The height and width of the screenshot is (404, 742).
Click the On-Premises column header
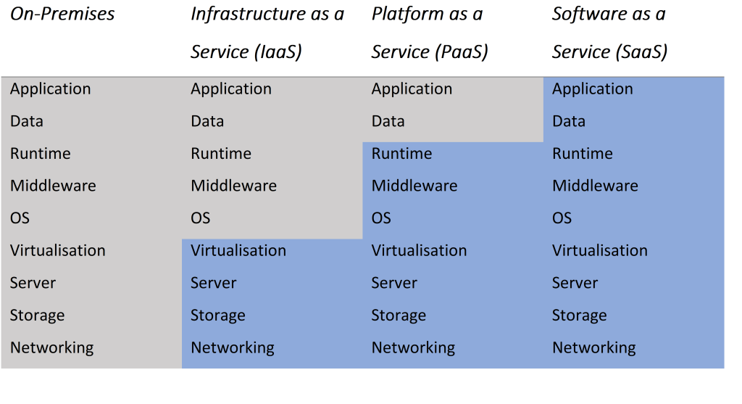click(x=62, y=14)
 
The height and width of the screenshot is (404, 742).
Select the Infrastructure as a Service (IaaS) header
click(x=267, y=33)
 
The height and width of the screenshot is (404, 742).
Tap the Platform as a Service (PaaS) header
click(x=429, y=33)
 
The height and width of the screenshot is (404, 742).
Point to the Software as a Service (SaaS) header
click(x=609, y=33)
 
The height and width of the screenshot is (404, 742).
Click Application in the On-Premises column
click(x=51, y=89)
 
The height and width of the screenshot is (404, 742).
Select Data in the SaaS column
click(x=568, y=121)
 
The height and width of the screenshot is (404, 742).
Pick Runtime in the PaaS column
click(x=401, y=154)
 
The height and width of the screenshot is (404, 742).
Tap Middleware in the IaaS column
click(x=233, y=186)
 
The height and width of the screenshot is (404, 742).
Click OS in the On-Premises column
click(x=20, y=218)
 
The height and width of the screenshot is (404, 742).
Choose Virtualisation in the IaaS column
click(x=238, y=250)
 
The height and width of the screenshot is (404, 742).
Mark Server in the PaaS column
click(x=394, y=283)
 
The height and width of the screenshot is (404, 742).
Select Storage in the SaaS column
click(x=579, y=316)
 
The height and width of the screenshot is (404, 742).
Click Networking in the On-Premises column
click(x=52, y=347)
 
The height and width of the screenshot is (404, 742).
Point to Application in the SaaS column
click(x=592, y=89)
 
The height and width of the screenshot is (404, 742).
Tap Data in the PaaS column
click(x=388, y=121)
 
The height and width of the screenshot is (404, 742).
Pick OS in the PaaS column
click(x=381, y=218)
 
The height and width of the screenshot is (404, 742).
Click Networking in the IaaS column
click(x=233, y=347)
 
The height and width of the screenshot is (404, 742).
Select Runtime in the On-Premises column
click(x=41, y=154)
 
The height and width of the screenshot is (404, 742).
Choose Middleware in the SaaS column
click(x=595, y=186)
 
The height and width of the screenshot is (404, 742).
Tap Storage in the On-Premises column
click(x=38, y=316)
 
